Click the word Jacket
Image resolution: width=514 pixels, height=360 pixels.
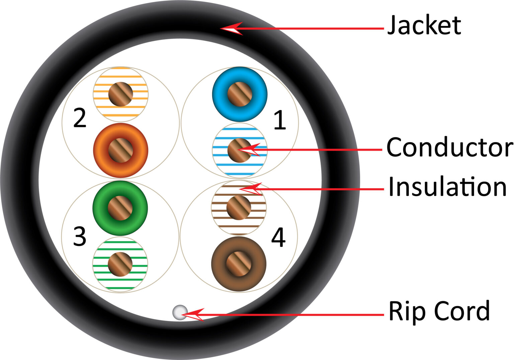424,25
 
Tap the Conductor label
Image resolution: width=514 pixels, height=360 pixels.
449,147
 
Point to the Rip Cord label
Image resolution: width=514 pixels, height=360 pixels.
439,311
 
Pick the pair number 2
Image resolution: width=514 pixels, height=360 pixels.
80,118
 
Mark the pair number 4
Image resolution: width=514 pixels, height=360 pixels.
278,238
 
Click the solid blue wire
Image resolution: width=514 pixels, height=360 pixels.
240,94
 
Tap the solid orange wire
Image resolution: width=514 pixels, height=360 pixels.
120,150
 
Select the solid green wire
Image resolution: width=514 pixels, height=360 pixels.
120,208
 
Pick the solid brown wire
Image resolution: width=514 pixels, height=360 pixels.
239,264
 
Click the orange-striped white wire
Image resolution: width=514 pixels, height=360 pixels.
120,94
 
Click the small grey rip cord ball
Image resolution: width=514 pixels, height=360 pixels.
180,312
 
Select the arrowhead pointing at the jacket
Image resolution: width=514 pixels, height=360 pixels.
231,28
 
